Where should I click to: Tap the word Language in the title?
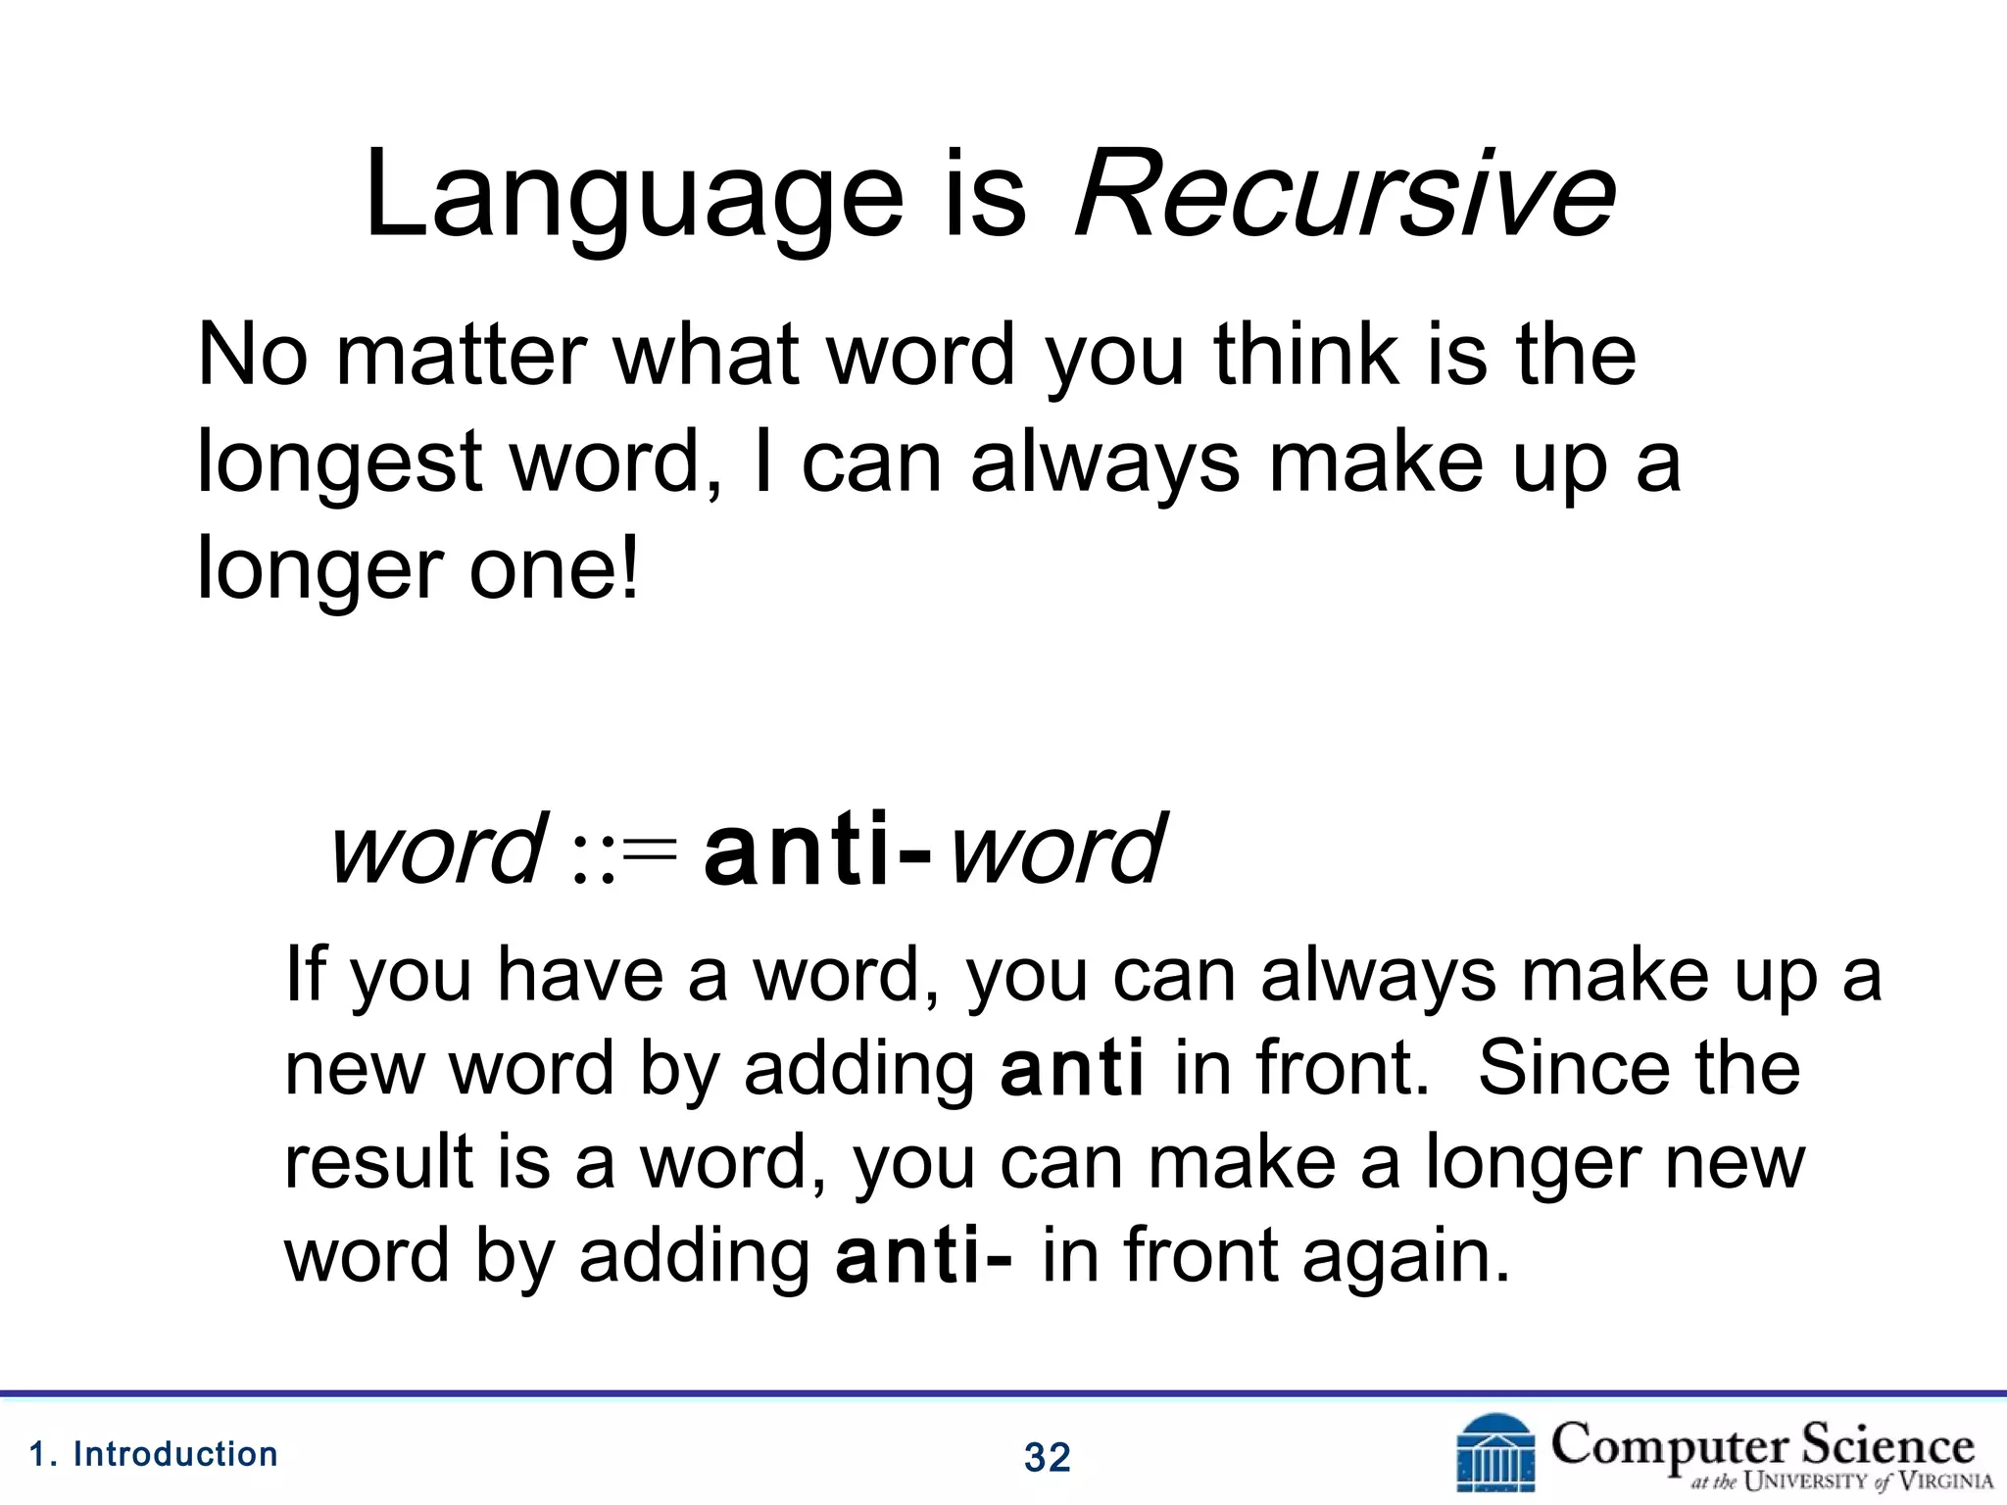633,196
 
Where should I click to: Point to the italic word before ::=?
437,849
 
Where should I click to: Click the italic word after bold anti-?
1058,849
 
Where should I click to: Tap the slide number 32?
1047,1458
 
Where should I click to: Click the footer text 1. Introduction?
155,1454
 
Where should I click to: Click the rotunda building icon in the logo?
1495,1454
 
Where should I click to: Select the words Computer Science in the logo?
1762,1444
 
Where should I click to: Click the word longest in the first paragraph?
339,464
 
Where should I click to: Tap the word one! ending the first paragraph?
555,570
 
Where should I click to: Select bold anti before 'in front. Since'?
1072,1070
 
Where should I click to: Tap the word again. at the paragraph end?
1405,1258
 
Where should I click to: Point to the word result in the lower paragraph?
378,1162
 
